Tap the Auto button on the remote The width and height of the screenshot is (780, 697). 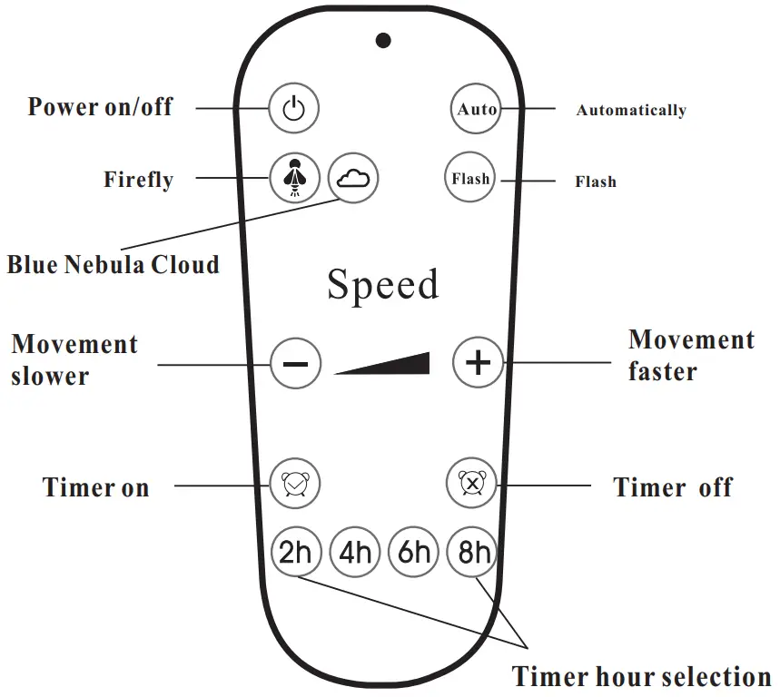477,110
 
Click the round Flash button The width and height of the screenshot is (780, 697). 471,179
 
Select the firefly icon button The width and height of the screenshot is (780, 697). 294,178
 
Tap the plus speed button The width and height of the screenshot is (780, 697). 478,363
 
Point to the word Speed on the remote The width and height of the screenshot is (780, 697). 382,285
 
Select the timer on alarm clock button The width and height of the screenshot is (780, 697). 294,485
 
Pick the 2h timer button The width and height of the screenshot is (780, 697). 295,552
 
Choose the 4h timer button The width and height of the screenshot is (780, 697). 355,552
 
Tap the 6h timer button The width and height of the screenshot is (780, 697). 414,552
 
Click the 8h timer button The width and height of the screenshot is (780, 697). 474,552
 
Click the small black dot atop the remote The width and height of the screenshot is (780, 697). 384,40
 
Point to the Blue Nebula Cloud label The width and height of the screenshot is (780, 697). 114,265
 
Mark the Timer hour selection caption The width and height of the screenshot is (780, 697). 641,676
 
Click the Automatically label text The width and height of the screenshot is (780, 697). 631,111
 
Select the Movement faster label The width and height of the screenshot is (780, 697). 691,356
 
